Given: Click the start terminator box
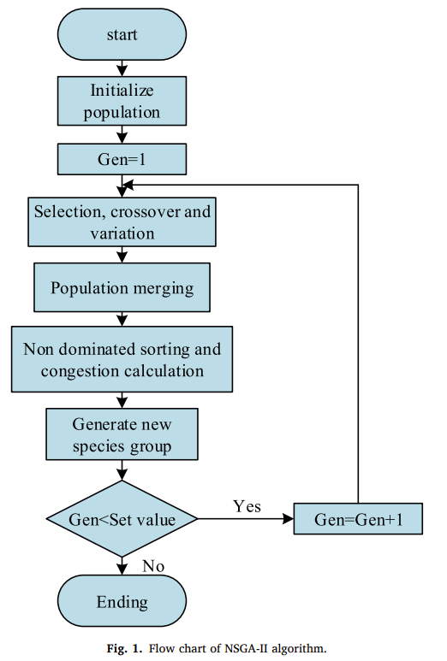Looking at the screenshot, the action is point(122,34).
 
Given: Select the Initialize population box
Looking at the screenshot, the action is point(122,101).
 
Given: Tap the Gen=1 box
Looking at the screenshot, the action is point(122,159).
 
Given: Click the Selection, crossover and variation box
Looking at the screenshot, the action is point(122,222).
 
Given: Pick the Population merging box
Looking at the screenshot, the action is point(122,287).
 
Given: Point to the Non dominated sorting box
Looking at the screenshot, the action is point(122,359).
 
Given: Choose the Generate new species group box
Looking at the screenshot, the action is point(122,434).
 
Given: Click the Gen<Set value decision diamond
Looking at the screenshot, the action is point(122,519).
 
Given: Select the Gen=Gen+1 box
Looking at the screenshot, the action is point(358,519).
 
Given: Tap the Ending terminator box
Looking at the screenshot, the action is point(122,601).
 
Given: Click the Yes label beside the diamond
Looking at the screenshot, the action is point(247,506).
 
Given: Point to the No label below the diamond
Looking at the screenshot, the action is point(153,566).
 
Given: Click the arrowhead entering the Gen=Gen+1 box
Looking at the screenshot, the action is point(289,519).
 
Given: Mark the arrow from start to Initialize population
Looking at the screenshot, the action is point(122,68).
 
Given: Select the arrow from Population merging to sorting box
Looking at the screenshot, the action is point(122,319).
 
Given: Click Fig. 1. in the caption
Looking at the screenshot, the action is point(124,648).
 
